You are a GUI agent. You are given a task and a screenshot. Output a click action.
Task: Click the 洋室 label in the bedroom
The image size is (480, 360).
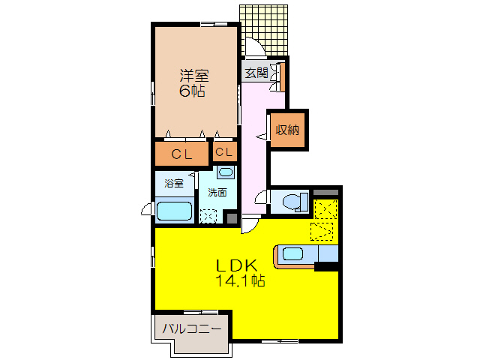[193, 76]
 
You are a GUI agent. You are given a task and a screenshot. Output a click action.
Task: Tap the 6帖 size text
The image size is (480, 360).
[193, 91]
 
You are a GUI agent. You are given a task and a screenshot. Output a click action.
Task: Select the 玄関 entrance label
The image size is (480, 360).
[256, 73]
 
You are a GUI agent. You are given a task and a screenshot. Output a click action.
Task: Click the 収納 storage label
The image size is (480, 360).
[287, 130]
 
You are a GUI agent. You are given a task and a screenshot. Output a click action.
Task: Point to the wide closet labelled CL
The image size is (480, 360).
[181, 154]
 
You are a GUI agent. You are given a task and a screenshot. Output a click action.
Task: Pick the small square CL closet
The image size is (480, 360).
[224, 152]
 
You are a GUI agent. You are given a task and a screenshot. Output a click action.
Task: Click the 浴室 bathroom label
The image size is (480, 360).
[173, 182]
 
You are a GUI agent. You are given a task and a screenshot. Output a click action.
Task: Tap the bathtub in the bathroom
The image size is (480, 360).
[174, 211]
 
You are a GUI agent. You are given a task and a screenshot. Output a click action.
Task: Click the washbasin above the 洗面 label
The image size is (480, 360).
[225, 172]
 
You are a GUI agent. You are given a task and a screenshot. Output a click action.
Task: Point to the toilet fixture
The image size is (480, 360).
[291, 201]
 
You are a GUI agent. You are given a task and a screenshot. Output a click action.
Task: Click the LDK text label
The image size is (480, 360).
[237, 265]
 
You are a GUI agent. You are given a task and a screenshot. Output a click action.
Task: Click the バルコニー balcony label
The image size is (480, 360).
[190, 328]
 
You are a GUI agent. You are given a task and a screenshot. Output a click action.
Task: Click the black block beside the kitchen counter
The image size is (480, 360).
[326, 266]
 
